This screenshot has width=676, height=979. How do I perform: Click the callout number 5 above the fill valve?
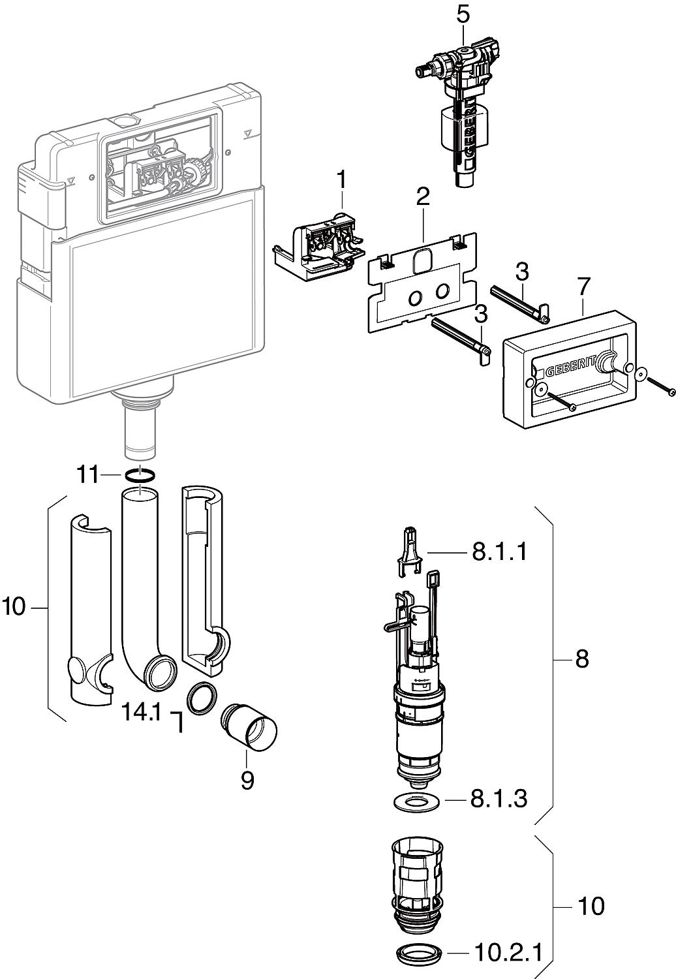point(462,14)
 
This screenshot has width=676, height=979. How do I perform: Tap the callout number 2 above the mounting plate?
point(423,194)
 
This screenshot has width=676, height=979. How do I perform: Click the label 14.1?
point(141,713)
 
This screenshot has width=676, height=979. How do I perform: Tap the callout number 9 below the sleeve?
point(247,781)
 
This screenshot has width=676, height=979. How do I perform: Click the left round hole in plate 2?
point(415,298)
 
